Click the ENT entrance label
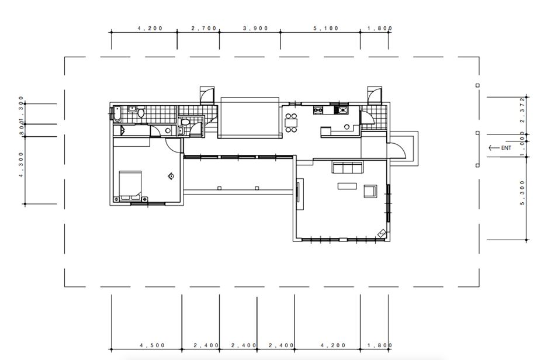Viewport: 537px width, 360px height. (506, 148)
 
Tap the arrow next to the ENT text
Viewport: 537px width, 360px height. (494, 148)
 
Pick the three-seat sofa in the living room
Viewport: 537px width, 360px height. (348, 168)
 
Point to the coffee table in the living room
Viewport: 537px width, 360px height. (347, 186)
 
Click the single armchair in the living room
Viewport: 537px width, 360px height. (370, 191)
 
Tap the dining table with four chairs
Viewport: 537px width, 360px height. (291, 122)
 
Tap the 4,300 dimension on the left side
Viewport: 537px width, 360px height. (22, 165)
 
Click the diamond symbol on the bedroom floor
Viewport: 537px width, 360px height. (171, 176)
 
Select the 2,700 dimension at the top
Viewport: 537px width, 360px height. (204, 28)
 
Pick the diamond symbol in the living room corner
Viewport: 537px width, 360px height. (382, 233)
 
